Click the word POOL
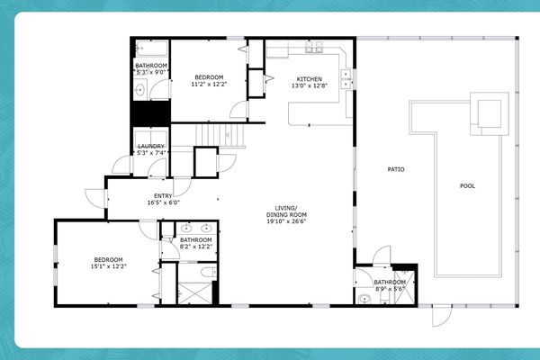pos(467,186)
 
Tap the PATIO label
pos(395,168)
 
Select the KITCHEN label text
pos(310,79)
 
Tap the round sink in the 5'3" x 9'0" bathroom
pos(139,90)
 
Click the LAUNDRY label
pos(150,146)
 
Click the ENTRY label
pos(163,196)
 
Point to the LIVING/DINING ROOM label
pos(286,213)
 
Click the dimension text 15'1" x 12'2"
pos(108,266)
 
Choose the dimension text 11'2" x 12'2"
pos(209,85)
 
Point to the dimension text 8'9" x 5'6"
pos(391,290)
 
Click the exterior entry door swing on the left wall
pos(94,196)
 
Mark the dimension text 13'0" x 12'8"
pos(310,86)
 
